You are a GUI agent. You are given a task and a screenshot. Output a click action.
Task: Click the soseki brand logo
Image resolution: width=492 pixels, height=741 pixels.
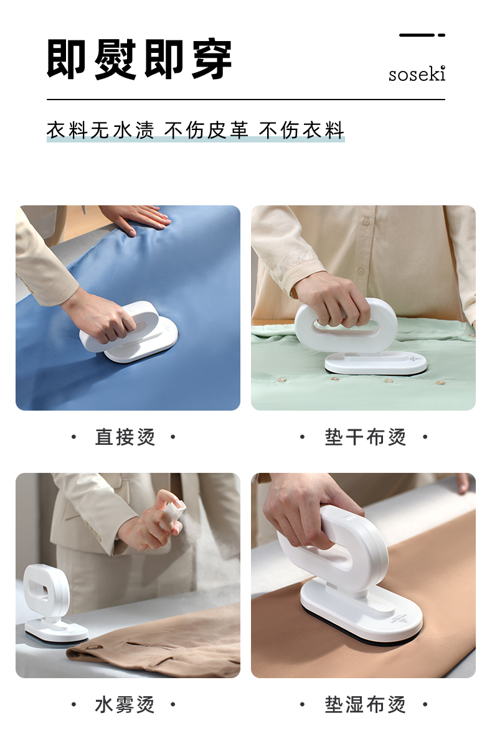(417, 74)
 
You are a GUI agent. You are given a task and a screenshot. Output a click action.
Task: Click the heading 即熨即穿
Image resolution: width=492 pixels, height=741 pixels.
(140, 60)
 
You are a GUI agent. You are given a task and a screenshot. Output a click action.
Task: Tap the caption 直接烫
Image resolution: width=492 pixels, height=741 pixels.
(125, 437)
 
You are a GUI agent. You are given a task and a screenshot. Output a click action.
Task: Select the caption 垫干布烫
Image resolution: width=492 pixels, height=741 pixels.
(365, 437)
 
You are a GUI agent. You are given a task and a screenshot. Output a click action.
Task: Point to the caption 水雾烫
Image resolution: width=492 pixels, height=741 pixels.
(125, 705)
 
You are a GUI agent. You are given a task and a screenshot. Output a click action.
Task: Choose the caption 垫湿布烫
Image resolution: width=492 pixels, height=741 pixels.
(365, 705)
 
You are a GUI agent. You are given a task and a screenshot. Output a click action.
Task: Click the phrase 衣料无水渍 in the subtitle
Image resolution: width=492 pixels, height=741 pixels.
(100, 131)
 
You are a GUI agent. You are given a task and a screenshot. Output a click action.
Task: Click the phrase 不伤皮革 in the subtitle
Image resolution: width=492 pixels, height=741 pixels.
(206, 131)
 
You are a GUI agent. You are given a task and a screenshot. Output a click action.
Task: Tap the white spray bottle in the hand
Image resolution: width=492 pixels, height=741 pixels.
(172, 515)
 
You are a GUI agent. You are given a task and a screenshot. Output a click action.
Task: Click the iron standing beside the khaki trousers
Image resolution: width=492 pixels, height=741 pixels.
(52, 602)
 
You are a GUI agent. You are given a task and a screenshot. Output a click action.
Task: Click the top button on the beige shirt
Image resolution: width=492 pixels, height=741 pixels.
(366, 221)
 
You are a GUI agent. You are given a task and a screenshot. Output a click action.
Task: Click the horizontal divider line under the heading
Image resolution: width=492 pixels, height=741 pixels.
(246, 100)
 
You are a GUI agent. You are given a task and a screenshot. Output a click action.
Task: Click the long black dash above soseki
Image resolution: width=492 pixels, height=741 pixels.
(417, 35)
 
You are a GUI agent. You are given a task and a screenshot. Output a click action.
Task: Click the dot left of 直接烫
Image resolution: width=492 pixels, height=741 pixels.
(73, 437)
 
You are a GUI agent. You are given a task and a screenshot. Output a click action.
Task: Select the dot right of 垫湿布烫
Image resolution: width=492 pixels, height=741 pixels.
(425, 705)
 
